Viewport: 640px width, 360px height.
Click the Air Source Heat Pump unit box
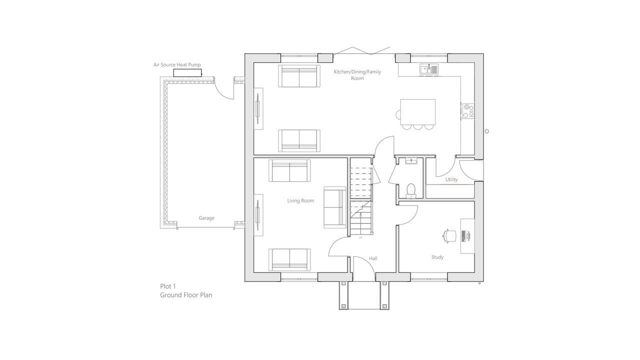tap(187, 73)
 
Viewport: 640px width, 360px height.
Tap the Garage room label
tap(206, 218)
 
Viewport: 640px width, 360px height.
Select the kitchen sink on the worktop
tap(429, 69)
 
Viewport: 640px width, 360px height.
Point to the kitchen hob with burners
tap(468, 111)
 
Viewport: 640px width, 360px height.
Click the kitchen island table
tap(417, 112)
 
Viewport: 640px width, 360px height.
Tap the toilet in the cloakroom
tap(411, 191)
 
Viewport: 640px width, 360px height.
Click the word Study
tap(437, 257)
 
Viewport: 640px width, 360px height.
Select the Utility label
tap(451, 179)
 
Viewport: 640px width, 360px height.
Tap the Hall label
tap(373, 258)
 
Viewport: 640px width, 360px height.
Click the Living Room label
tap(300, 200)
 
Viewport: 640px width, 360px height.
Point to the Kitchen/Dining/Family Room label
tap(357, 75)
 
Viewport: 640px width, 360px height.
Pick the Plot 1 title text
tap(167, 286)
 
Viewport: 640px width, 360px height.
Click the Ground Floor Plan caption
tap(186, 295)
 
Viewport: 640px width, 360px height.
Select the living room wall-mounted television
tap(258, 215)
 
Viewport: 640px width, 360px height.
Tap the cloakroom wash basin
tap(411, 161)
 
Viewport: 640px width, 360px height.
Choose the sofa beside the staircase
tap(335, 207)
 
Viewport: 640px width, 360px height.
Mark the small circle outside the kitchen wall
tap(487, 131)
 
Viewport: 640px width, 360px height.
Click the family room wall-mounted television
tap(258, 108)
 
